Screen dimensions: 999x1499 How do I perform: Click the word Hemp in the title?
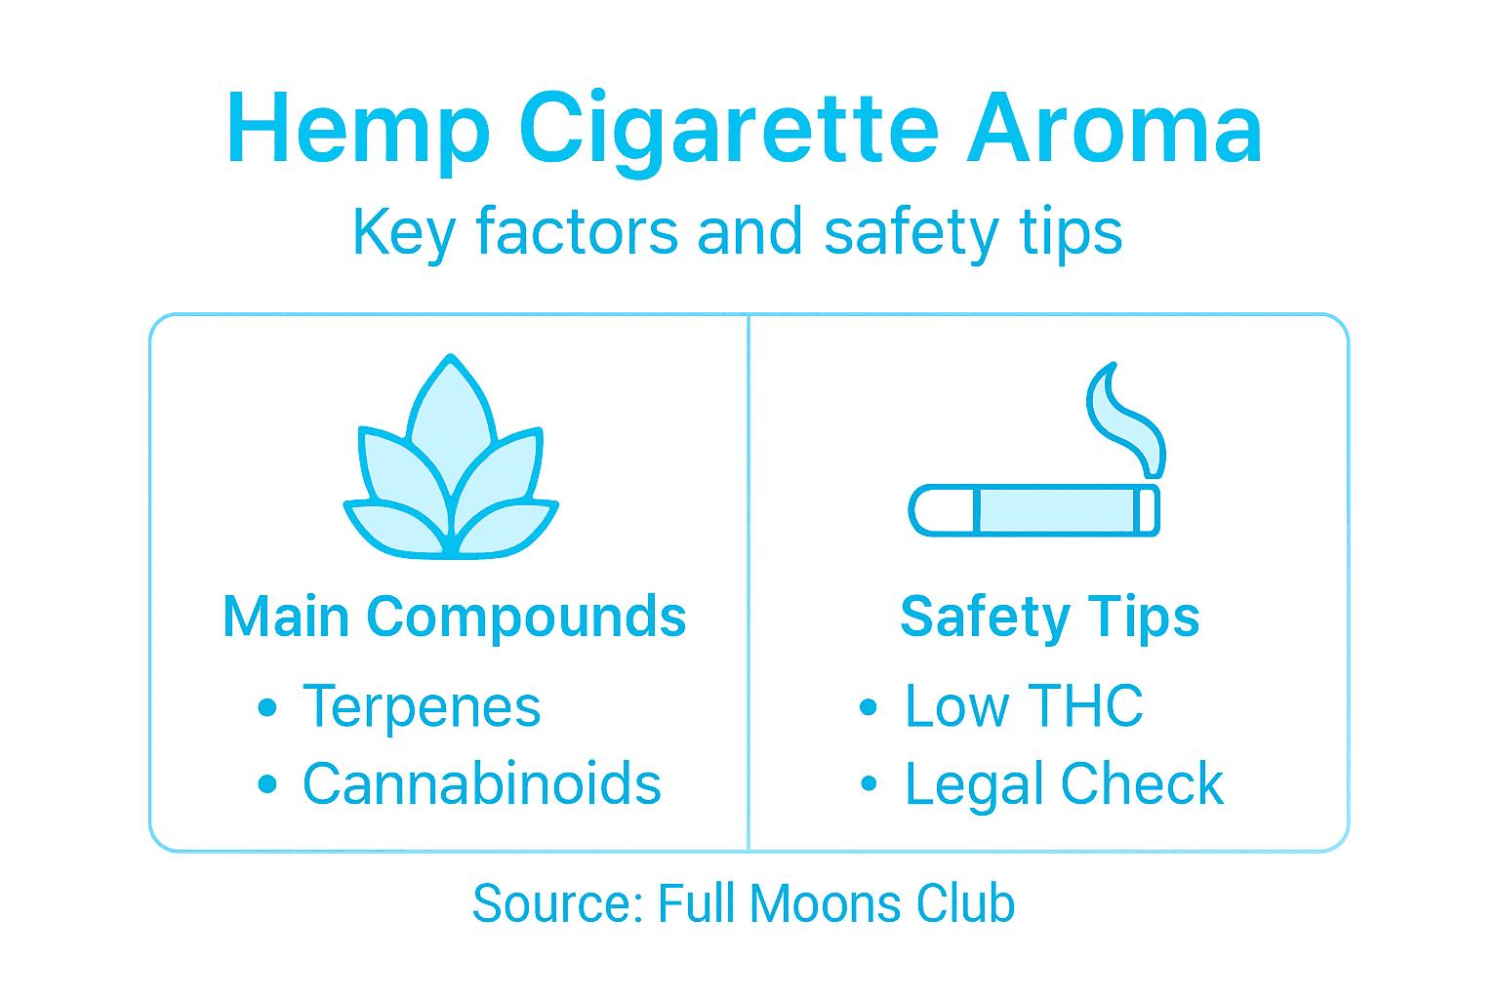[357, 129]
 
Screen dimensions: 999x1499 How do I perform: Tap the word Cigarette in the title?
[728, 129]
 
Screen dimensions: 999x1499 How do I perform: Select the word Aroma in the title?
[1114, 129]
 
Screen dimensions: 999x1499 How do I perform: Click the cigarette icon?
[1034, 510]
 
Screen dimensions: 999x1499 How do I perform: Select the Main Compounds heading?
[455, 618]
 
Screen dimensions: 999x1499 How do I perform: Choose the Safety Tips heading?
[1049, 618]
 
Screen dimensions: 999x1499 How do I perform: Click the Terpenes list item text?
[422, 706]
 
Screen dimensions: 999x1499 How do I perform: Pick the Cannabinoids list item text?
[481, 784]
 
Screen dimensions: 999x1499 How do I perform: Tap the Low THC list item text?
[1024, 706]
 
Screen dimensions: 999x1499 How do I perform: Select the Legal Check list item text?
[1064, 784]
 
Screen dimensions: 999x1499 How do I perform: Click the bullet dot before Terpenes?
[267, 707]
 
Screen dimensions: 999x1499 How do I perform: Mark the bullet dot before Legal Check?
[869, 784]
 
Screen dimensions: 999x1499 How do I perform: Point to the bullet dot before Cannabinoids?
[267, 784]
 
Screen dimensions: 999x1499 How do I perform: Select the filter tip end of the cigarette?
[942, 510]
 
